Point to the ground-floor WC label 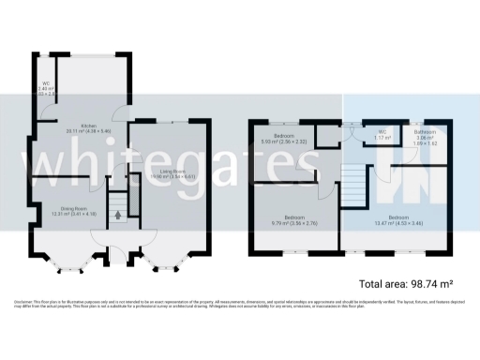pyautogui.click(x=45, y=83)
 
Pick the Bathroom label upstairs pyautogui.click(x=426, y=132)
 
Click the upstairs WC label pyautogui.click(x=382, y=131)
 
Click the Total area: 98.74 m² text pyautogui.click(x=406, y=283)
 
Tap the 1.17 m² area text pyautogui.click(x=382, y=137)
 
